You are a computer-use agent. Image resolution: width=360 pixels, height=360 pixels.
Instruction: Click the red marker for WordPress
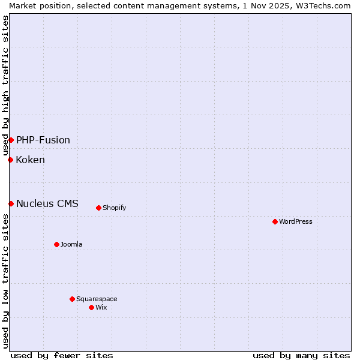click(x=275, y=221)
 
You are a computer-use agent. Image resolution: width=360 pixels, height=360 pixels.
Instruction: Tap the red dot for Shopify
click(x=98, y=208)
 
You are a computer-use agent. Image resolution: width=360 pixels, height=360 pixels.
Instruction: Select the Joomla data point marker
click(x=56, y=244)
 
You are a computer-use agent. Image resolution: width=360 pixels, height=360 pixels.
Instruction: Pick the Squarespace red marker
click(x=72, y=299)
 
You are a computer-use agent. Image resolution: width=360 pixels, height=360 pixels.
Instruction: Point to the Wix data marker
click(x=91, y=307)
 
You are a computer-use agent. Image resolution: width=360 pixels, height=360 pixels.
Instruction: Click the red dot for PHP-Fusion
click(x=11, y=140)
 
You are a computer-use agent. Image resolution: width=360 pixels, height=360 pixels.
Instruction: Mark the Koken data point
click(x=10, y=160)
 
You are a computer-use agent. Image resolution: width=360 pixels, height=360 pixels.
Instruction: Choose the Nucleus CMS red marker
click(x=11, y=203)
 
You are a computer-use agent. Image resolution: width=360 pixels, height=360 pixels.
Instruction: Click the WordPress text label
click(x=296, y=221)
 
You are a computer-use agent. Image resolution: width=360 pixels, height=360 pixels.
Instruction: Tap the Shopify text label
click(x=114, y=208)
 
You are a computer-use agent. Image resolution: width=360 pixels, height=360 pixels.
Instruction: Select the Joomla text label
click(x=71, y=244)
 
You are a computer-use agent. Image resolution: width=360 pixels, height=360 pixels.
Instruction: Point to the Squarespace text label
click(x=97, y=299)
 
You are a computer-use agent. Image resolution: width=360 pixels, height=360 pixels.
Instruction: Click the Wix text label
click(x=101, y=307)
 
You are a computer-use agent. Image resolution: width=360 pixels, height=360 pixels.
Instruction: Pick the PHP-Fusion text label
click(x=43, y=140)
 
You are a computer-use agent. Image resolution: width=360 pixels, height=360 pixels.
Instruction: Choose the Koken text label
click(x=31, y=160)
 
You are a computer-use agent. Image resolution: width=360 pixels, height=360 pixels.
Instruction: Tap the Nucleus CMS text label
click(x=47, y=203)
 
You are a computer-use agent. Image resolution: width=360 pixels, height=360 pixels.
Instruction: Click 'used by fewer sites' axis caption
click(x=62, y=355)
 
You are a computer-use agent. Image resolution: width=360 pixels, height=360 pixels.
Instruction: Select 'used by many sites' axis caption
click(x=301, y=355)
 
